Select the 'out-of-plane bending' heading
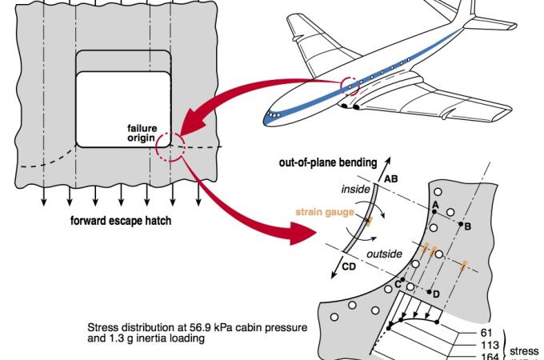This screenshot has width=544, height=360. click(x=327, y=162)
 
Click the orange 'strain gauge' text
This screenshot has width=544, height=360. click(x=324, y=212)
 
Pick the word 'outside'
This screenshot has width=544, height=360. click(x=385, y=254)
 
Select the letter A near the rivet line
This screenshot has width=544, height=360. click(x=434, y=206)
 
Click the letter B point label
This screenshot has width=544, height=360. click(x=467, y=226)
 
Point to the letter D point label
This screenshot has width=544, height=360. click(x=436, y=294)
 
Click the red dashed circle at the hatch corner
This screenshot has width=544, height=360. click(x=170, y=146)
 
